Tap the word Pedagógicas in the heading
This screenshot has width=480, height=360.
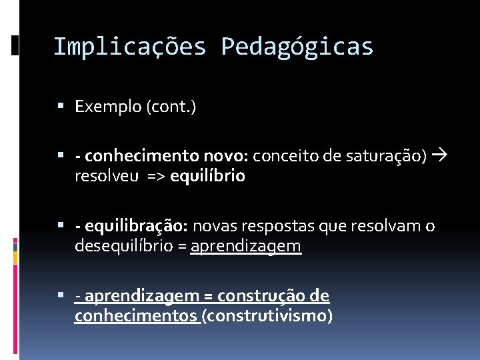pyautogui.click(x=297, y=47)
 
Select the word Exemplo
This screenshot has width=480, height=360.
pyautogui.click(x=104, y=106)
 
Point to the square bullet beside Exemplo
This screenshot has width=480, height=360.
pyautogui.click(x=61, y=105)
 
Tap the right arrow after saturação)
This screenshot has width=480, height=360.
pyautogui.click(x=439, y=155)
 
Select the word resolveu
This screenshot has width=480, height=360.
pyautogui.click(x=107, y=176)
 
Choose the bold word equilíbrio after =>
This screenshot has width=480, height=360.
pyautogui.click(x=207, y=176)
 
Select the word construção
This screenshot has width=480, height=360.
pyautogui.click(x=273, y=295)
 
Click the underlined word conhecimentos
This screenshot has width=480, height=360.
pyautogui.click(x=136, y=315)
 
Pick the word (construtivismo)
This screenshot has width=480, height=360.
pyautogui.click(x=267, y=315)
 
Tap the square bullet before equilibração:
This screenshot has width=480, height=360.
pyautogui.click(x=61, y=226)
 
